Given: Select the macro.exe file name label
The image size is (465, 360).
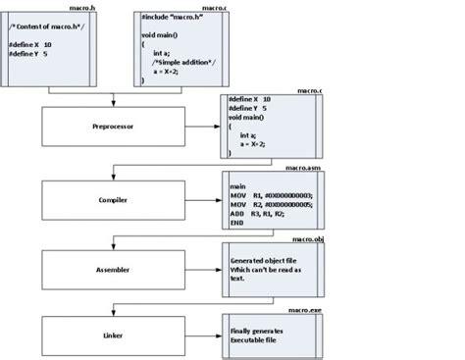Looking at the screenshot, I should click(305, 308).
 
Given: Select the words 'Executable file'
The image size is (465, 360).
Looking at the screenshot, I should click(254, 340).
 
